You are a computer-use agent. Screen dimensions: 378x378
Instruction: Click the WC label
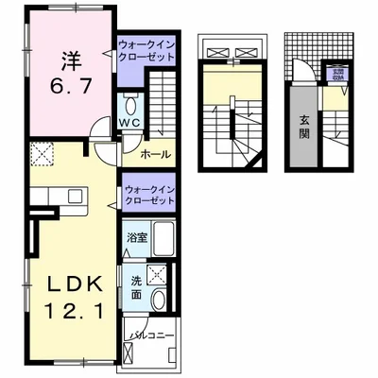[x=129, y=122]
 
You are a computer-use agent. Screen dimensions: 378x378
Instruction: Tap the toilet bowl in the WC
[x=129, y=103]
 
